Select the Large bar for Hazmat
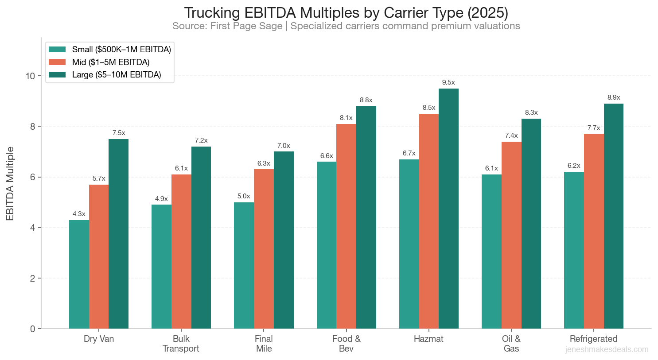pyautogui.click(x=448, y=209)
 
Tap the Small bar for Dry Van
pyautogui.click(x=79, y=274)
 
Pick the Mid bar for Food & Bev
pyautogui.click(x=346, y=226)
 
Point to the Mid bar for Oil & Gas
pyautogui.click(x=511, y=235)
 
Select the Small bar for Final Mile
pyautogui.click(x=244, y=265)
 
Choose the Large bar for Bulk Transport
pyautogui.click(x=201, y=237)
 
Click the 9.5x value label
pyautogui.click(x=448, y=82)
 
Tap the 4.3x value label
pyautogui.click(x=79, y=214)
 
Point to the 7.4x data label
pyautogui.click(x=511, y=135)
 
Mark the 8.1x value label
pyautogui.click(x=346, y=118)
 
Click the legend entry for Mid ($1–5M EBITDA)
pyautogui.click(x=111, y=62)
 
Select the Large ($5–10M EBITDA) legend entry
pyautogui.click(x=116, y=74)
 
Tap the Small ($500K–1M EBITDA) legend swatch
pyautogui.click(x=57, y=49)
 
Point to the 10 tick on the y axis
pyautogui.click(x=30, y=76)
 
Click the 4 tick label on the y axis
pyautogui.click(x=32, y=228)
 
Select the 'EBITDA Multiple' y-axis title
pyautogui.click(x=10, y=184)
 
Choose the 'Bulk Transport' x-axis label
pyautogui.click(x=181, y=344)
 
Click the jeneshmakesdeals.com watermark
pyautogui.click(x=607, y=349)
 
